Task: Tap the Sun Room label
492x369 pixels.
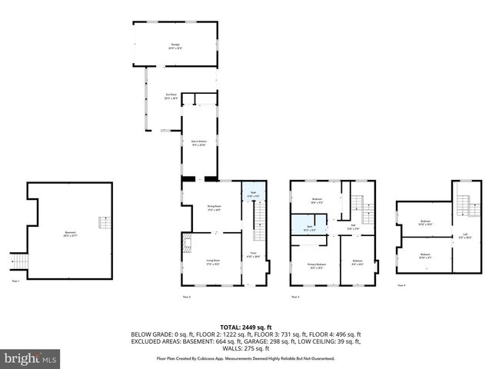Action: coord(171,97)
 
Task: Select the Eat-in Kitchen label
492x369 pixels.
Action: coord(198,144)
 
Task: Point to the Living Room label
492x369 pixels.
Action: coord(214,262)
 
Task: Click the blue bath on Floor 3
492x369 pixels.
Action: coord(305,227)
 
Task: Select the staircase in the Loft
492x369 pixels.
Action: coord(464,205)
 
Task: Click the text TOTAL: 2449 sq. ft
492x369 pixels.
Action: coord(246,327)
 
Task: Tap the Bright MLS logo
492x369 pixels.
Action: coord(30,358)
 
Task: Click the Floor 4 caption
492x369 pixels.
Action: coord(401,285)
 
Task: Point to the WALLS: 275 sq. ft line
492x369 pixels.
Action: coord(246,350)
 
